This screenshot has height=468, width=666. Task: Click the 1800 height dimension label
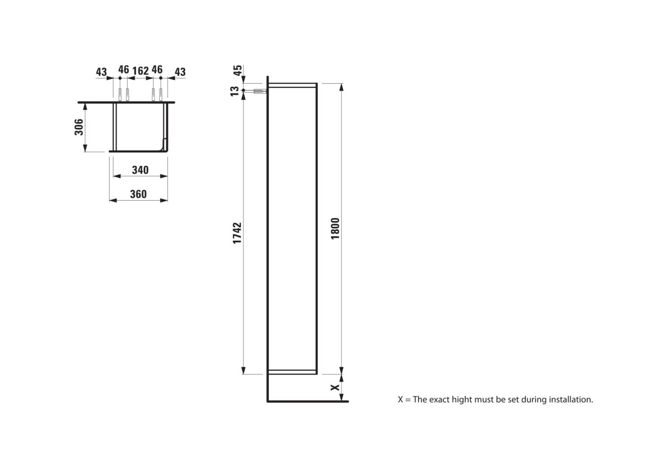point(335,228)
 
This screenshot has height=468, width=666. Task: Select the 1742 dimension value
point(237,233)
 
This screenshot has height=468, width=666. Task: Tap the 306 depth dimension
point(79,127)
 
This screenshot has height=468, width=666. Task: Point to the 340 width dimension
point(140,170)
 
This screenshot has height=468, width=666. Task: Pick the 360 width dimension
point(138,194)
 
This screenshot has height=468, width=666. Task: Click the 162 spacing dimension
point(140,70)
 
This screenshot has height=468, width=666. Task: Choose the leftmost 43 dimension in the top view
point(101,72)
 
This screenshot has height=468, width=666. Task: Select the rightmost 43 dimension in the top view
point(180,72)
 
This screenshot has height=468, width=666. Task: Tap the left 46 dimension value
point(123,70)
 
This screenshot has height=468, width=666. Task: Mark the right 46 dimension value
point(157,70)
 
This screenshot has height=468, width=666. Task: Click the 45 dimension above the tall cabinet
point(237,71)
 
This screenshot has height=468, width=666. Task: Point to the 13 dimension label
point(235,91)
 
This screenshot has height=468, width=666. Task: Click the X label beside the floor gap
point(335,387)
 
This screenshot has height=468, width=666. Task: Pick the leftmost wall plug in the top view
point(120,95)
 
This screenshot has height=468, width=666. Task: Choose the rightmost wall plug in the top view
point(161,95)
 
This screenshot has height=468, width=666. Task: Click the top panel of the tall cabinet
point(292,85)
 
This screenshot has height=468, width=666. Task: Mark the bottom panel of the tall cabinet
point(292,372)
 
